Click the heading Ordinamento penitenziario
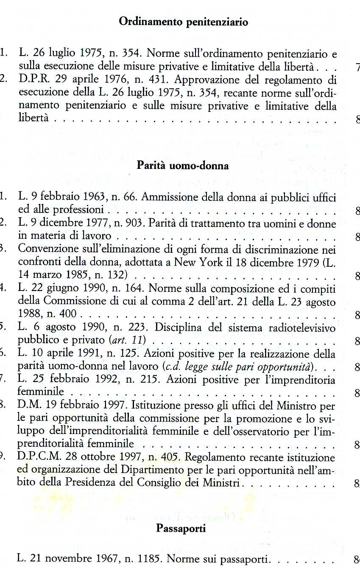click(x=183, y=22)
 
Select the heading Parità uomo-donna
click(x=183, y=166)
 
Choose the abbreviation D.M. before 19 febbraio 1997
click(x=28, y=406)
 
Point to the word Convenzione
click(x=45, y=249)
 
